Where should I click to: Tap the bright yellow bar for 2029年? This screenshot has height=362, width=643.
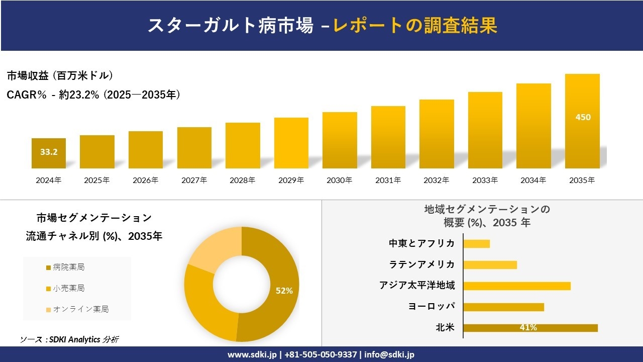(x=291, y=143)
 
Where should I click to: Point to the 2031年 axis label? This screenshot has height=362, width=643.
(x=388, y=180)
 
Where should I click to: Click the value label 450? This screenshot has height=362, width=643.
(x=583, y=117)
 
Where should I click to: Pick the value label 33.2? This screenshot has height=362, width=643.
(x=49, y=151)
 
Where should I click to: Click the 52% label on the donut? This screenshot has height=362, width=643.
(x=284, y=291)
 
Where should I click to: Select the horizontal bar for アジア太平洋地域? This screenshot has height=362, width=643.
(x=516, y=286)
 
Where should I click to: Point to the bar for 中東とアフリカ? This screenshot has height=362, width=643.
(x=476, y=243)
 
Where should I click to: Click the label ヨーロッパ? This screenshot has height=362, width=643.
(x=432, y=307)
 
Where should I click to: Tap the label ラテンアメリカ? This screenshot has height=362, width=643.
(x=422, y=264)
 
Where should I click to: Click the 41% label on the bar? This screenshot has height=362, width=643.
(x=528, y=328)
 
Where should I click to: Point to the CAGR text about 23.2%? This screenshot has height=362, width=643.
(x=93, y=95)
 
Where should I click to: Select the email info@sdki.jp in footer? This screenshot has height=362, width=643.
(x=389, y=354)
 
